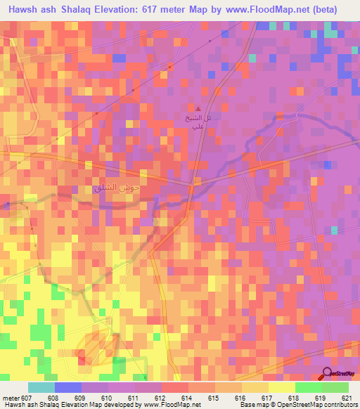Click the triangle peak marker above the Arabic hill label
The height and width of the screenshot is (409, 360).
click(x=198, y=109)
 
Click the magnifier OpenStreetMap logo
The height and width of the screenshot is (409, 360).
click(x=327, y=375)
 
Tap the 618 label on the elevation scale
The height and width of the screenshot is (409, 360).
click(x=281, y=397)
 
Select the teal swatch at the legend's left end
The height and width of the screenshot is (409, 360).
click(x=41, y=387)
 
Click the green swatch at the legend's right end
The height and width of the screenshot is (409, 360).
click(x=335, y=387)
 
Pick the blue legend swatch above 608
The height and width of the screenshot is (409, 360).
click(x=68, y=387)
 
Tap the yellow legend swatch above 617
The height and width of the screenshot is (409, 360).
click(x=255, y=387)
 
